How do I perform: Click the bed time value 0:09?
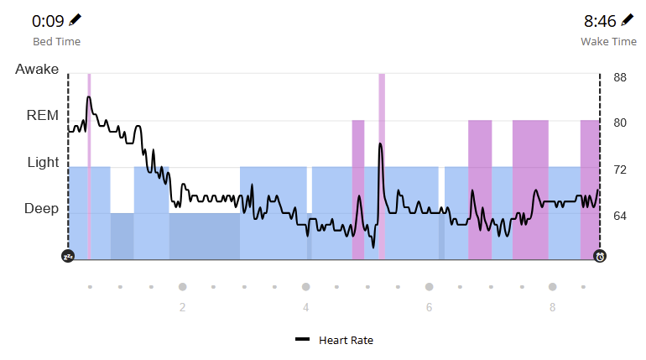49,20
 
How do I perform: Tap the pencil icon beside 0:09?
76,19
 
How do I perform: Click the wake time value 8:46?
600,20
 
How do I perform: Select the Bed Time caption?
56,41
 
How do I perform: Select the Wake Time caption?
608,41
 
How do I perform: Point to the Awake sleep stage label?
37,70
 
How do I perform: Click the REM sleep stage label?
43,116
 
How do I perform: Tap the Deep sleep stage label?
41,209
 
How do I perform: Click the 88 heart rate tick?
620,77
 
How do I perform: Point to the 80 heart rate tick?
620,123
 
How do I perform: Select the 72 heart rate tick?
620,170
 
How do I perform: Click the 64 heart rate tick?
620,217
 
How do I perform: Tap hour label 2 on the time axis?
182,307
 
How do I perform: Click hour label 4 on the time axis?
305,307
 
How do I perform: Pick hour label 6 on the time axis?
429,307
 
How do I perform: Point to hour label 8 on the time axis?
552,307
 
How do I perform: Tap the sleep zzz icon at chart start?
68,256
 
